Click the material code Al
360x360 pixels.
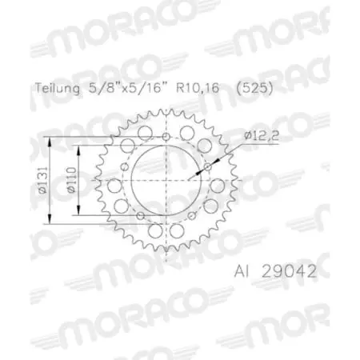243,270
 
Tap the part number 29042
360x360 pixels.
288,270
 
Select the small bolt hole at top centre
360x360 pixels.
166,135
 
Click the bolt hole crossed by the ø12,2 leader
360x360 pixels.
208,166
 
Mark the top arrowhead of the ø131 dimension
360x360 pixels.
54,140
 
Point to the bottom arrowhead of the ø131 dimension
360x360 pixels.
54,224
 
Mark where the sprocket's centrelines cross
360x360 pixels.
166,182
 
